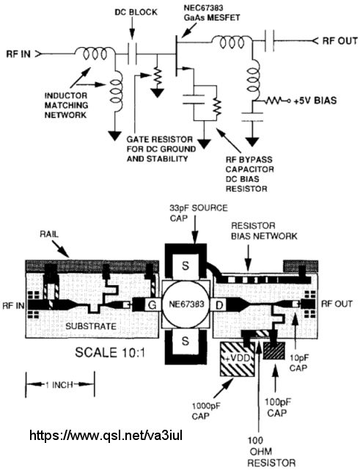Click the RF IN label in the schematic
point(18,54)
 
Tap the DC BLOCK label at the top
point(136,12)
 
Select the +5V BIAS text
point(315,100)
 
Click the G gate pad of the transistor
point(153,305)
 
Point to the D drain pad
point(220,305)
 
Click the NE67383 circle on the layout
point(186,304)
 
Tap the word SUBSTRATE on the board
point(91,326)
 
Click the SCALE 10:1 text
point(110,352)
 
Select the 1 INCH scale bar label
point(59,385)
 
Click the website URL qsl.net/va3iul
point(106,436)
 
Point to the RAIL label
point(49,235)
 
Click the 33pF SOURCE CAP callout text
point(199,213)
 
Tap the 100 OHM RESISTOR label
point(271,452)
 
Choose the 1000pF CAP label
point(206,411)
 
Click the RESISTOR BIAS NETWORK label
point(264,231)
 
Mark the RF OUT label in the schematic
point(339,41)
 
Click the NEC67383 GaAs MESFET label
point(212,12)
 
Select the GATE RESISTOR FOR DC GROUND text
point(161,149)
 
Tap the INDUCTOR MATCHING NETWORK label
point(66,106)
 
